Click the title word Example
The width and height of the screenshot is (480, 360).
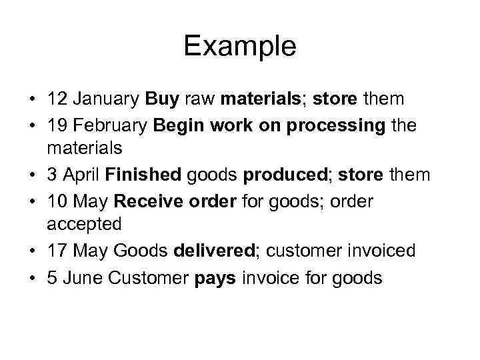(x=239, y=46)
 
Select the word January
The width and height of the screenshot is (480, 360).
(x=105, y=99)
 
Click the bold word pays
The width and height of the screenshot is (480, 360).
(x=215, y=277)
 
